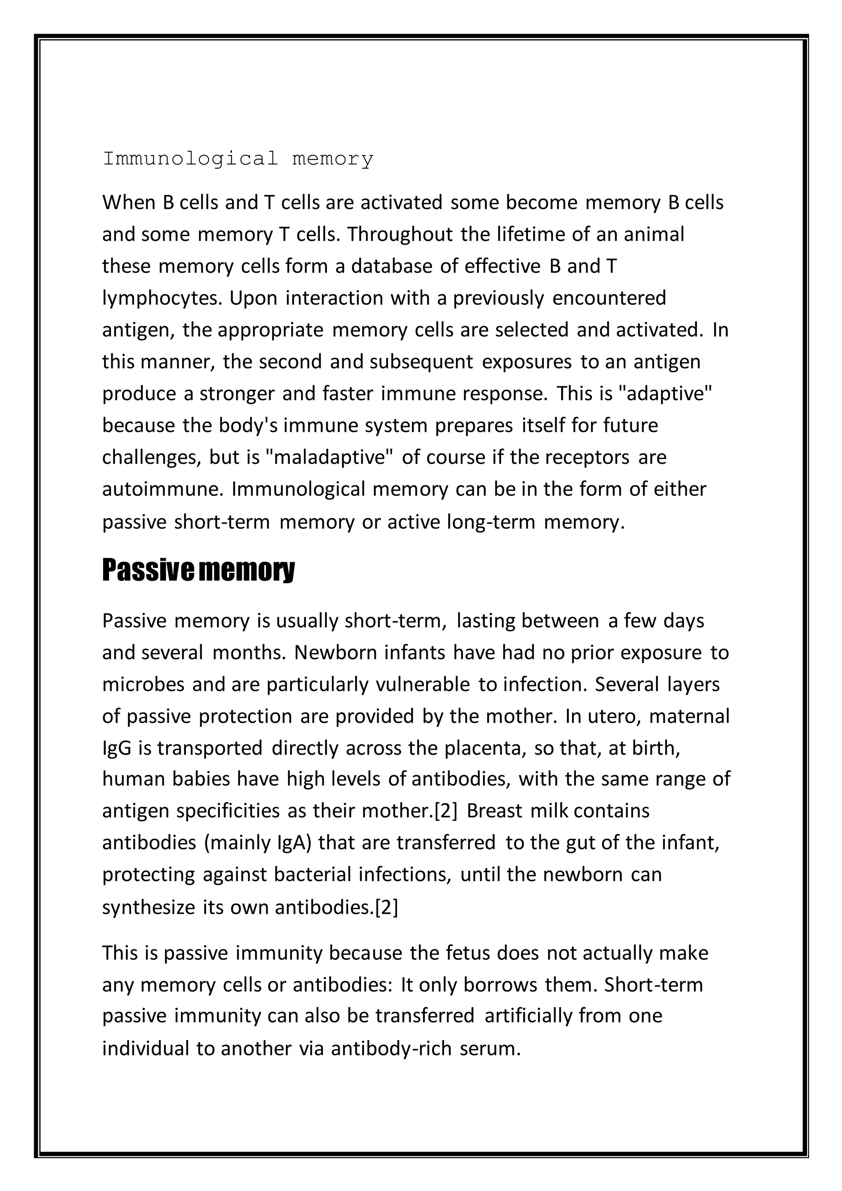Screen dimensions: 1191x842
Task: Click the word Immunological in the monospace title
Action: tap(190, 159)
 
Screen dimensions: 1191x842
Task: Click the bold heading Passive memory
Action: tap(198, 570)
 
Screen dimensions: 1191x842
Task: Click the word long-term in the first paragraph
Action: tap(490, 522)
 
